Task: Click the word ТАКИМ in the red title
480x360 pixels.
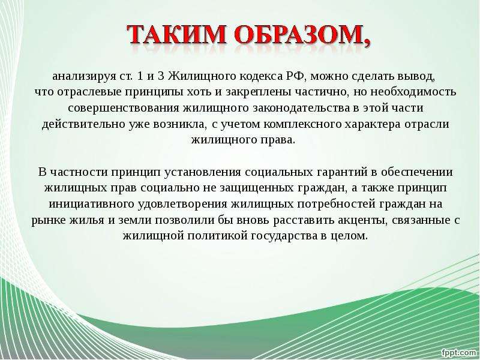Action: point(176,34)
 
